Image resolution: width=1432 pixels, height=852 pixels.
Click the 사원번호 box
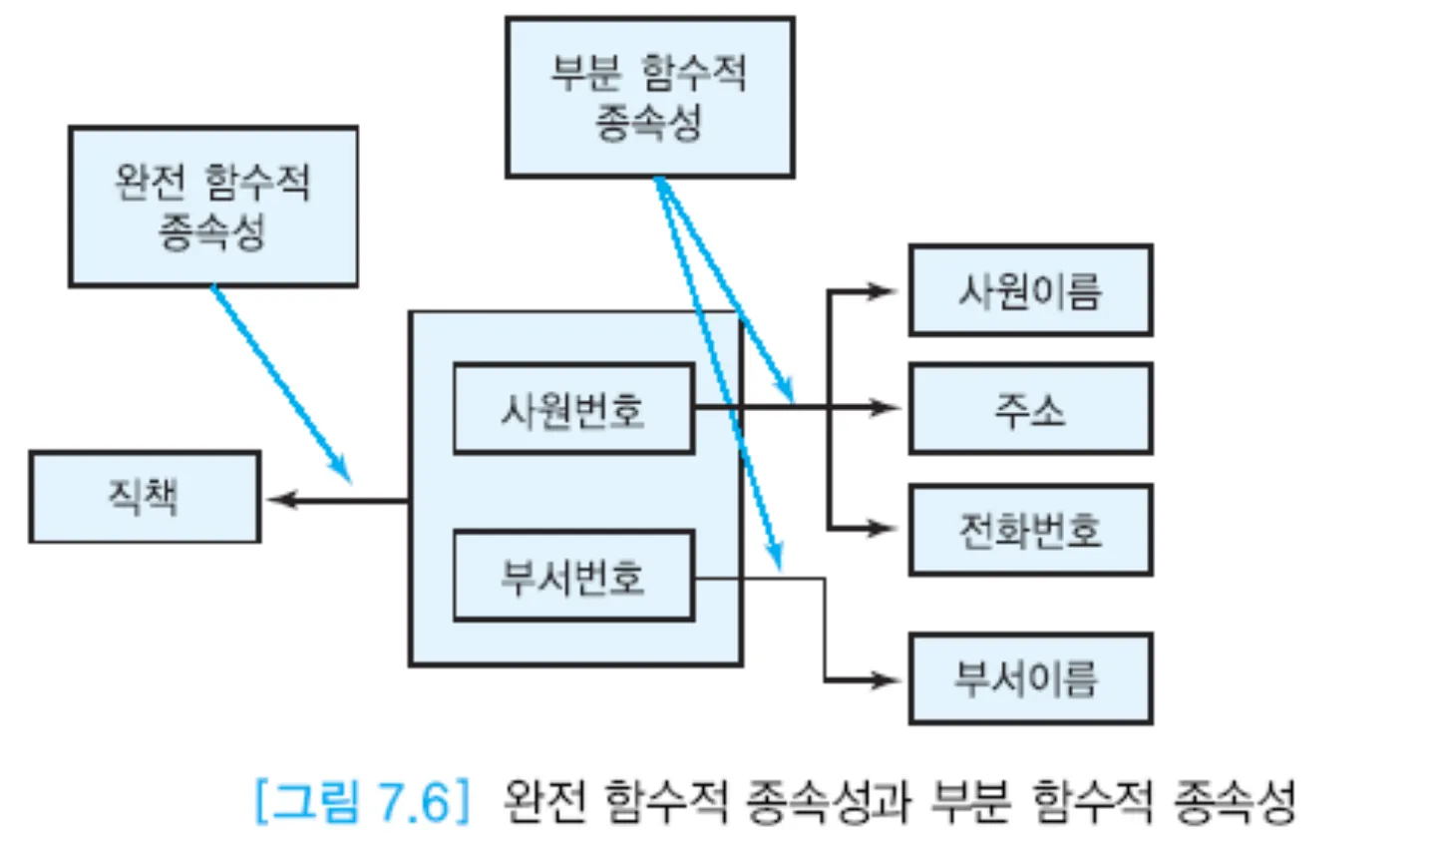(573, 409)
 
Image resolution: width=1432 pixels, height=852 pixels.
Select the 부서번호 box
(573, 577)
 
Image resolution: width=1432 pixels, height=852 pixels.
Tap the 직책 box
(145, 497)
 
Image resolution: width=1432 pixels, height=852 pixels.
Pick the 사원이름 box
(1030, 290)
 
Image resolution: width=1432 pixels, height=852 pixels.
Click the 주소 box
(1030, 409)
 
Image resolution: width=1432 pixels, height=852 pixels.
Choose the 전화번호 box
(1030, 530)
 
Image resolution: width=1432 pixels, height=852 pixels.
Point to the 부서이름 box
(1030, 678)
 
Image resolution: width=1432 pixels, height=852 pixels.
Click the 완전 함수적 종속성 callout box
(212, 207)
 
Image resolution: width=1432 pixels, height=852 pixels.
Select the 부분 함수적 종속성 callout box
(649, 98)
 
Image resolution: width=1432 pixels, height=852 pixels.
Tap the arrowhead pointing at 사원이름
(883, 291)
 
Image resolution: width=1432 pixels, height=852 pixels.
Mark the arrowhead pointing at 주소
(886, 407)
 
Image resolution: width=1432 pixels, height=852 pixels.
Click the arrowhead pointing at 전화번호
(883, 528)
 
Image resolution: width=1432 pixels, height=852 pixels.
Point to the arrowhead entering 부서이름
(886, 680)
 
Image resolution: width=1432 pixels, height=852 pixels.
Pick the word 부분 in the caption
(970, 800)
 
